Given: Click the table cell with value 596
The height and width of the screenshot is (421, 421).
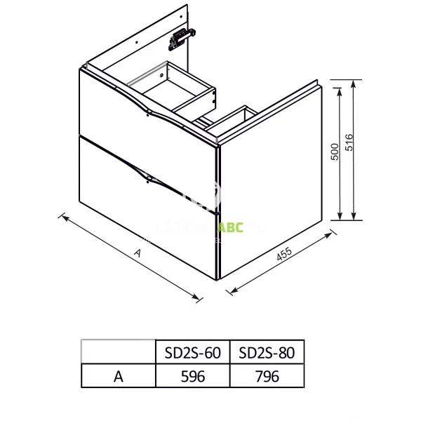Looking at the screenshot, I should point(193,376).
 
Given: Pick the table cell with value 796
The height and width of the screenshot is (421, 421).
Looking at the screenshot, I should point(267,376).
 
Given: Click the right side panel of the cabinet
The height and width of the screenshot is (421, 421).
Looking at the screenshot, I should point(270,186).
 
